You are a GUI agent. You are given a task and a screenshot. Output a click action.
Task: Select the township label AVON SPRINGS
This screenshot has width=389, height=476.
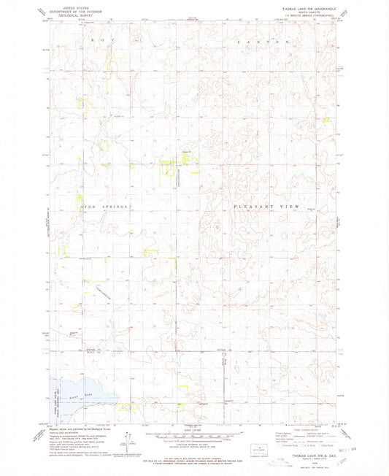coord(104,207)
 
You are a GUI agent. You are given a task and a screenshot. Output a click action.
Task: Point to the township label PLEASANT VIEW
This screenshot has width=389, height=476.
coord(268,207)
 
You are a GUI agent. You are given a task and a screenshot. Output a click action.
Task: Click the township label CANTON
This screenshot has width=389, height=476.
coord(266,43)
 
